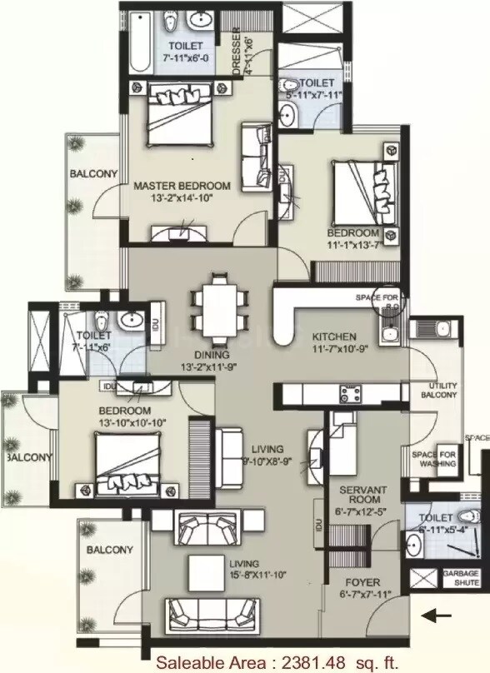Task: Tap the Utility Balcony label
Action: click(442, 391)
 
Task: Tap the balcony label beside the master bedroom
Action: click(93, 173)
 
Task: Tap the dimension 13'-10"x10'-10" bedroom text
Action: click(133, 422)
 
